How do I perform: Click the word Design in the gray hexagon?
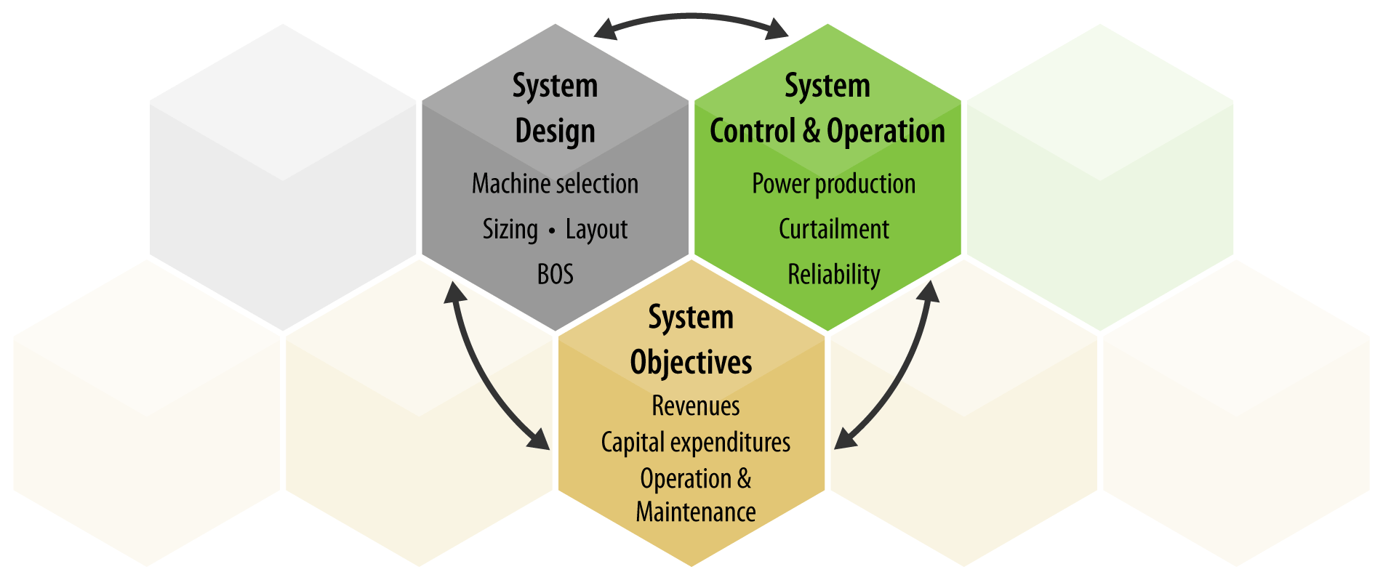click(555, 132)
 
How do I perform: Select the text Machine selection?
click(555, 184)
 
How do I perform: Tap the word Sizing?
click(510, 230)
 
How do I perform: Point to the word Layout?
click(596, 230)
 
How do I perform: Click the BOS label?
click(555, 275)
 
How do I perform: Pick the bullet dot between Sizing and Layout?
click(552, 230)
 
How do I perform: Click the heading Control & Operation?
click(827, 132)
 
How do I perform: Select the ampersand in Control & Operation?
click(811, 132)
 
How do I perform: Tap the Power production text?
click(833, 184)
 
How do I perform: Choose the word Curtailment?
click(833, 230)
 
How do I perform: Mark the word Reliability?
click(833, 275)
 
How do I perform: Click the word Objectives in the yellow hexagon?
click(691, 363)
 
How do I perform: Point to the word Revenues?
click(695, 406)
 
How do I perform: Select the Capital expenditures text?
click(695, 443)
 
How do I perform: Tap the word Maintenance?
click(695, 512)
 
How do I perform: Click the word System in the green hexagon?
click(827, 86)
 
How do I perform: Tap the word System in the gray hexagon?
click(555, 86)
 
